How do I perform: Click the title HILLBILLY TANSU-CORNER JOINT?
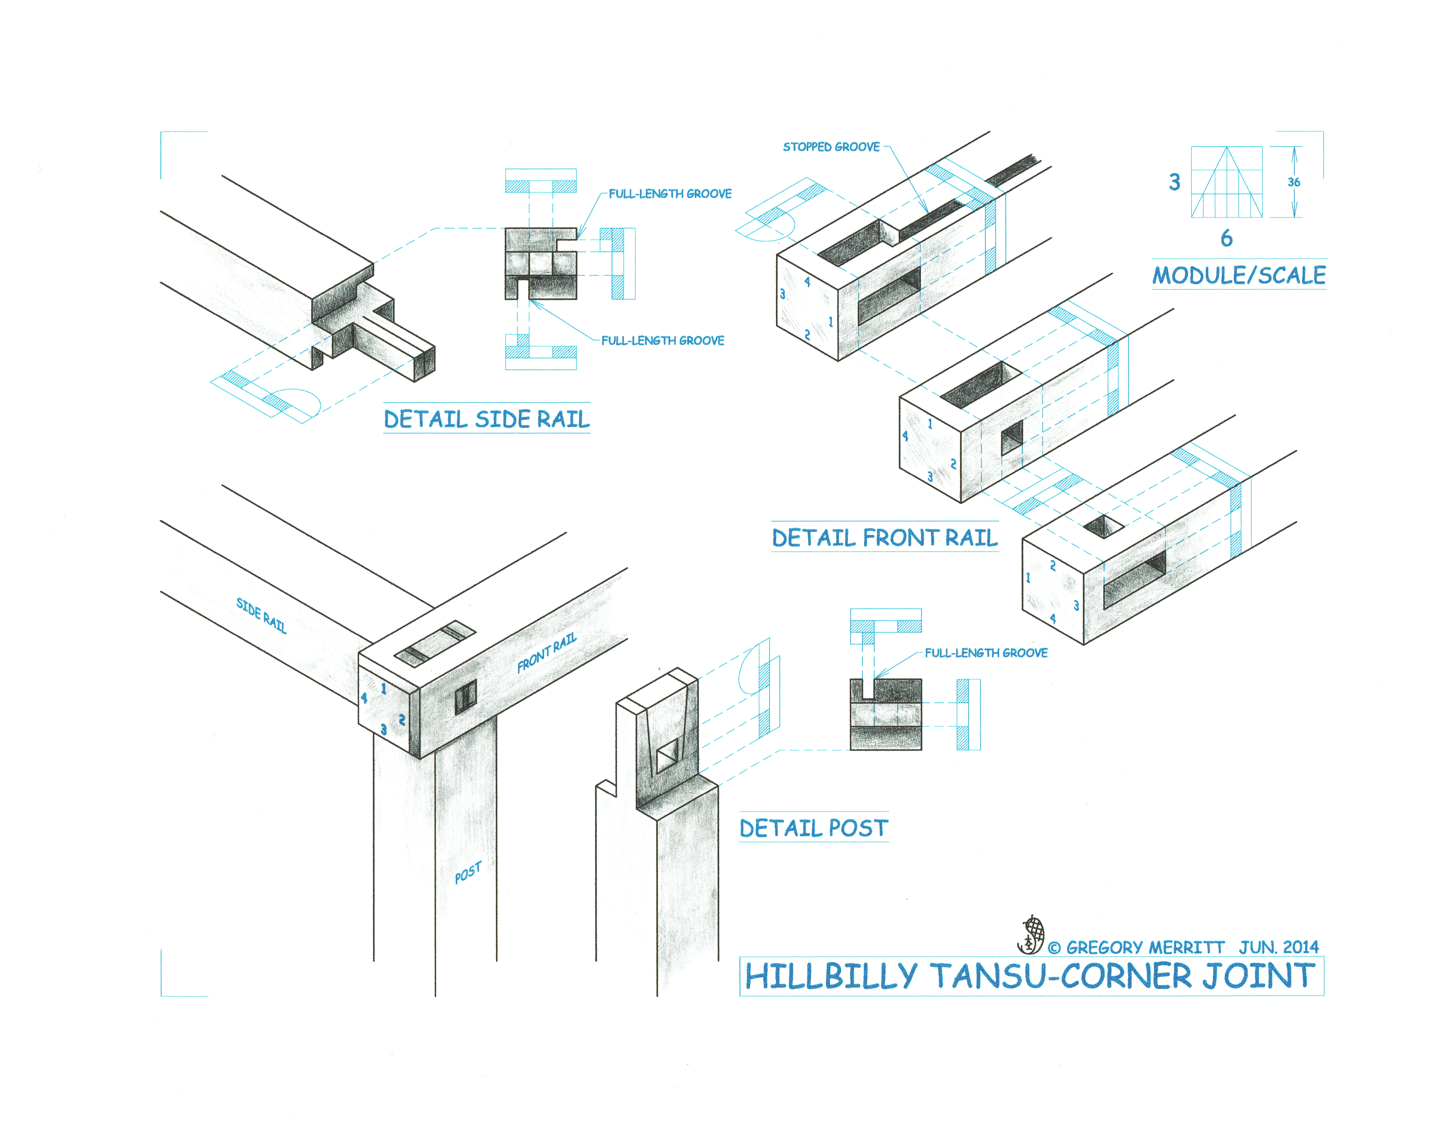1030,976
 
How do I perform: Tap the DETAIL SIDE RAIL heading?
487,419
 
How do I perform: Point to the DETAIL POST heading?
813,828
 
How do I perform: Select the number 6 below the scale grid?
1226,238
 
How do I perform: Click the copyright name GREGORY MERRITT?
1145,947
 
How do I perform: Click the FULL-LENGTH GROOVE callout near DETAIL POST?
985,653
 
